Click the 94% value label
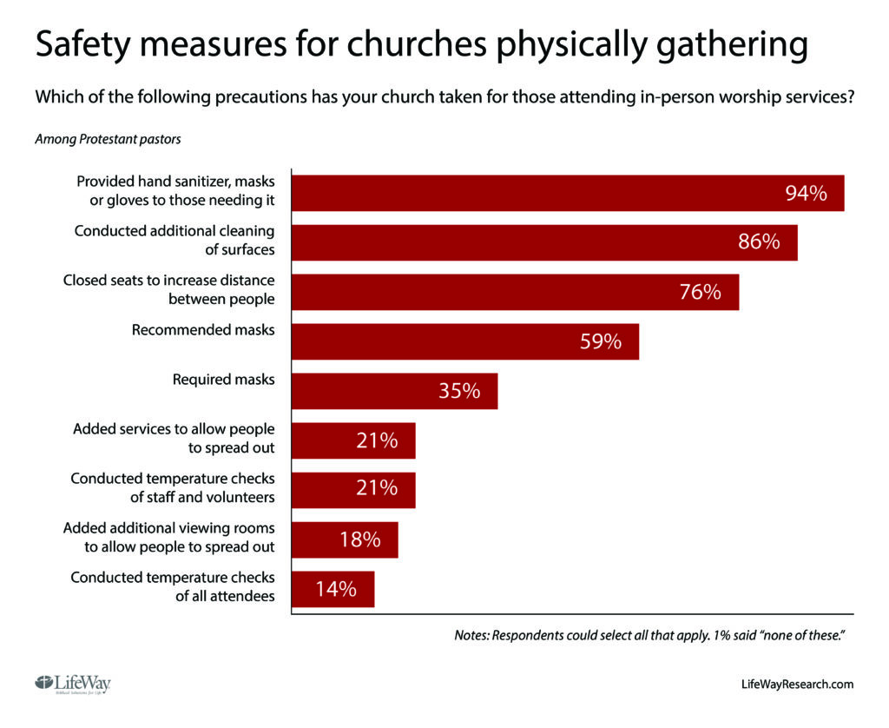(x=806, y=194)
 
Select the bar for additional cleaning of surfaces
(x=543, y=242)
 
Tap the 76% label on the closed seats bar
(x=700, y=292)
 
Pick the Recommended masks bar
(x=464, y=341)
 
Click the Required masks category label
(x=223, y=380)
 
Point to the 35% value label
(x=459, y=391)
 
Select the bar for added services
(x=352, y=440)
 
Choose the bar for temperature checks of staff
(x=352, y=490)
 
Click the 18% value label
(x=359, y=539)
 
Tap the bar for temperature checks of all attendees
(x=333, y=589)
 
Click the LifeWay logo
(x=73, y=683)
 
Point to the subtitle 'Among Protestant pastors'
(x=108, y=138)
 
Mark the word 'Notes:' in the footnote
(x=472, y=636)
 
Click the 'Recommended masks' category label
(x=203, y=330)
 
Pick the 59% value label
(x=601, y=341)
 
